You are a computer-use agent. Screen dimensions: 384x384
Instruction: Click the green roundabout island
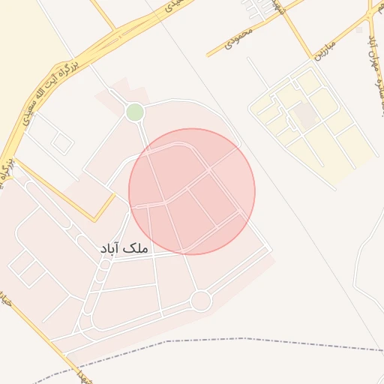point(135,112)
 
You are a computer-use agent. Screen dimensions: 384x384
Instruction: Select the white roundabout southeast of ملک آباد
point(200,301)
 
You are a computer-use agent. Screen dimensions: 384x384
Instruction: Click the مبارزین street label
point(331,49)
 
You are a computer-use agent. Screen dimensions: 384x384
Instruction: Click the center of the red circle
point(192,191)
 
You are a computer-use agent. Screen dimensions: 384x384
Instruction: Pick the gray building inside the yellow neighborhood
point(304,115)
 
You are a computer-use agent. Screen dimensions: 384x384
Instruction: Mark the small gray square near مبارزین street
point(359,31)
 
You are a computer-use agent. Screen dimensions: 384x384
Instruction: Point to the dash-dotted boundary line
point(225,342)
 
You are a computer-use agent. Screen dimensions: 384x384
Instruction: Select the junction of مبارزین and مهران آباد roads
point(367,21)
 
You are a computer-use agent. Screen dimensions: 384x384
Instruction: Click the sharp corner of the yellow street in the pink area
point(94,220)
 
